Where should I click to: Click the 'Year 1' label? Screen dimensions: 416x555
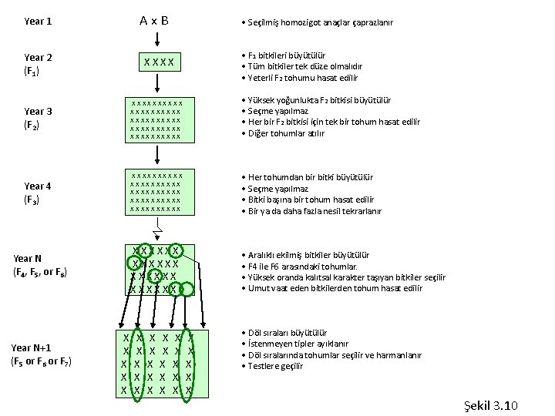(38, 22)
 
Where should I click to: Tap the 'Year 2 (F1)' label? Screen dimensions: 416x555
(38, 65)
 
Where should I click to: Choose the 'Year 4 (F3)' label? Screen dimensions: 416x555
(38, 193)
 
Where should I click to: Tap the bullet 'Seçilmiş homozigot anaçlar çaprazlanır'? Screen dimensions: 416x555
(319, 23)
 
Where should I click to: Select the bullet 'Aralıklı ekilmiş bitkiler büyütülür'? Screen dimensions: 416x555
(308, 255)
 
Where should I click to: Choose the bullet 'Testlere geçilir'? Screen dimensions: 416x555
(275, 366)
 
